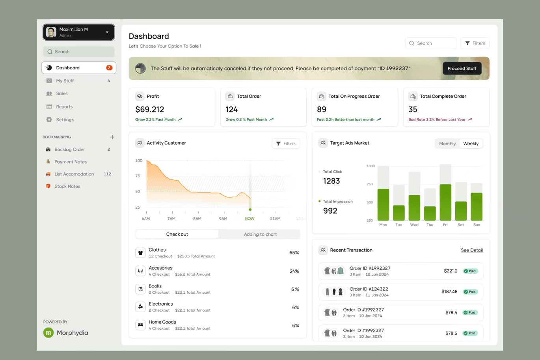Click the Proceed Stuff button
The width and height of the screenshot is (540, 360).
coord(462,69)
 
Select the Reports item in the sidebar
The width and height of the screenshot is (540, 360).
coord(64,106)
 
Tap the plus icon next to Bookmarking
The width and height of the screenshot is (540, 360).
coord(112,137)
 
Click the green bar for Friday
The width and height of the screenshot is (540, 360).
coord(445,202)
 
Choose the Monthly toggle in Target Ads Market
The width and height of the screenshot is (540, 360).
coord(447,144)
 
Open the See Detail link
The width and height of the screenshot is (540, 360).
coord(472,250)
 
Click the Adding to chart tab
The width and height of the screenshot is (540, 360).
coord(260,234)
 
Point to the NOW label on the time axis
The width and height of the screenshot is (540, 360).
coord(250,218)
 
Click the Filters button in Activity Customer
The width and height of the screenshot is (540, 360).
coord(286,144)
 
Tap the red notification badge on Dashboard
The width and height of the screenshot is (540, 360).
coord(109,68)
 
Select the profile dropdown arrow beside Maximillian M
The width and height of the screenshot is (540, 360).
coord(107,32)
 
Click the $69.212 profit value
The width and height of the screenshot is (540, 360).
coord(149,110)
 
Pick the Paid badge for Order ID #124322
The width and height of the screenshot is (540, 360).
coord(470,292)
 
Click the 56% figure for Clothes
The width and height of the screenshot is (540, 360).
coord(294,253)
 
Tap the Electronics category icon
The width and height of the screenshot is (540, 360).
coord(140,307)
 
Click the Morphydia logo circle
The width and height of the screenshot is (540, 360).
coord(48,333)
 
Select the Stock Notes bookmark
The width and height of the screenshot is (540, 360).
coord(67,187)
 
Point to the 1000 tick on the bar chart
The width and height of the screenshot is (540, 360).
coord(371,166)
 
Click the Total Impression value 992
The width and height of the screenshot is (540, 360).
coord(330,211)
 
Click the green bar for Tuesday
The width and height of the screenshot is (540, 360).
coord(399,213)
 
